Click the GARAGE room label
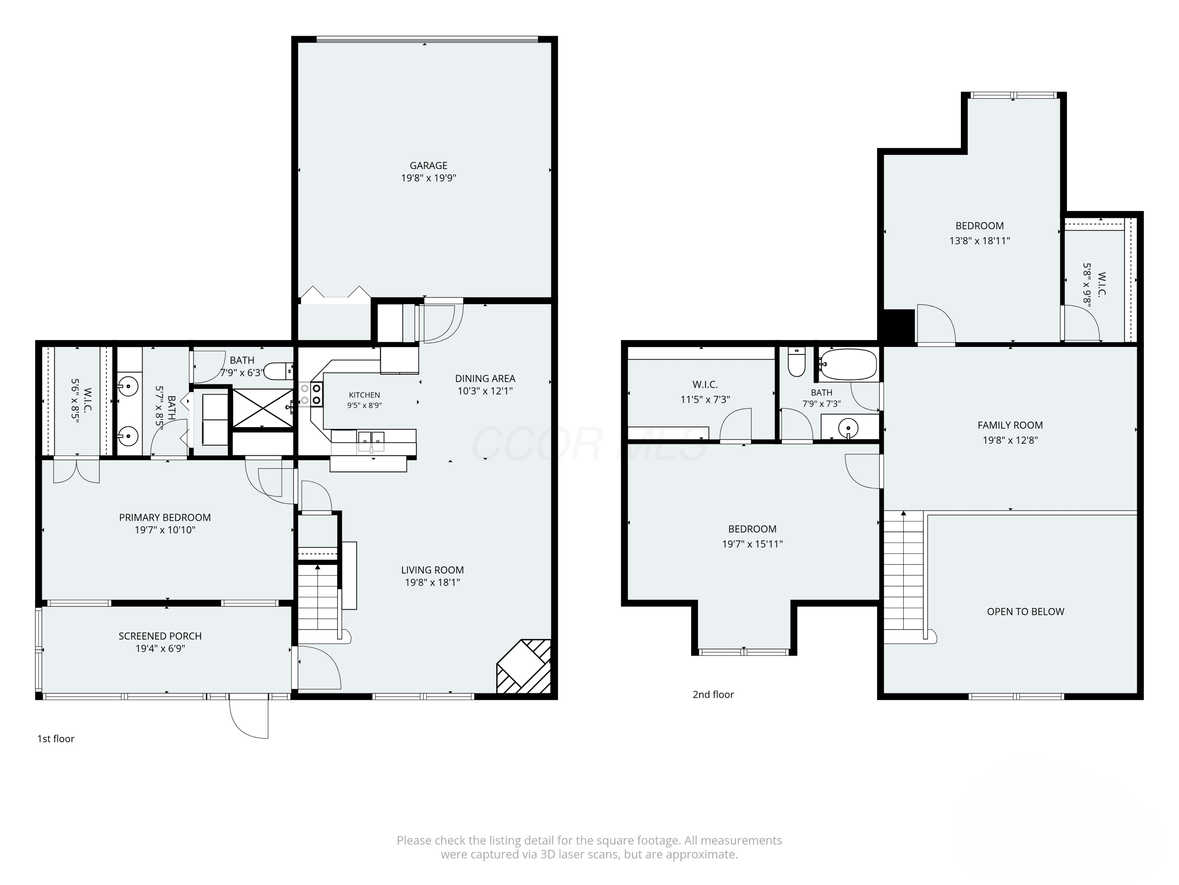pos(428,165)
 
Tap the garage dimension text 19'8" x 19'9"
pos(428,178)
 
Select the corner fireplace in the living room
pos(523,666)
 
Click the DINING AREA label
pos(485,379)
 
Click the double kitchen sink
pos(371,440)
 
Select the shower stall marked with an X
pos(263,408)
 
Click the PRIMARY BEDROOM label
pos(165,518)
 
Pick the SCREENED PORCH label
pos(160,636)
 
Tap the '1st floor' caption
pos(55,739)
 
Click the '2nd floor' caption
pos(713,695)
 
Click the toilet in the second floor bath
pos(796,362)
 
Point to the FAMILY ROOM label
pos(1010,425)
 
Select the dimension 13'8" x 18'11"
pos(980,241)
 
